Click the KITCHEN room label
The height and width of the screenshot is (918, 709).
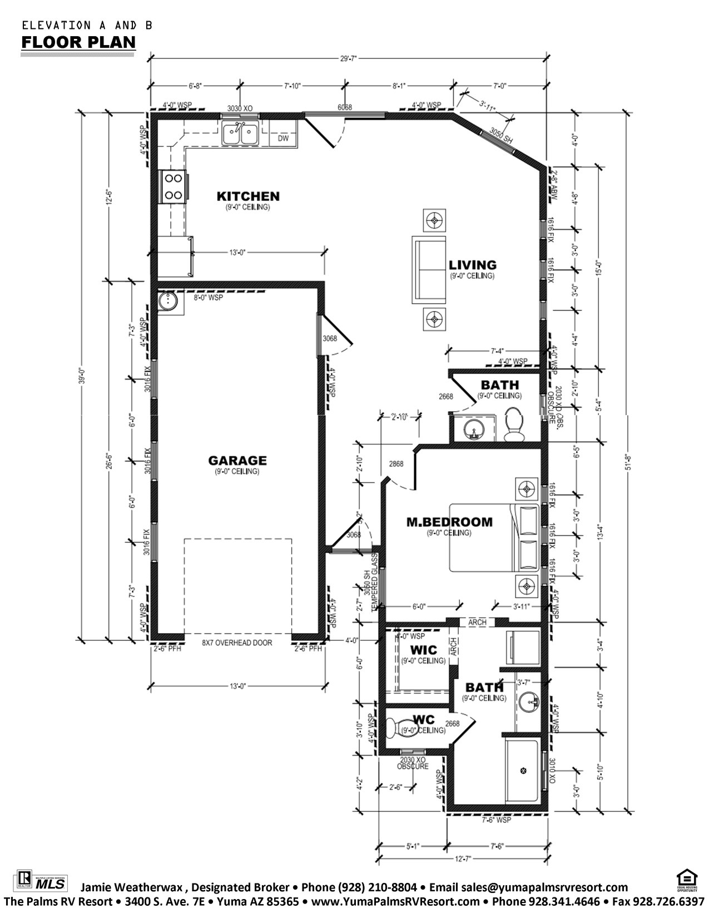point(247,196)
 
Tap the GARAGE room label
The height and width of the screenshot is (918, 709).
point(237,461)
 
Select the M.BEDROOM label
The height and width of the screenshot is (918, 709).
point(449,522)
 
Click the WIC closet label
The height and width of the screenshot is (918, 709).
point(424,650)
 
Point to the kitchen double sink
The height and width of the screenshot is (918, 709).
point(240,134)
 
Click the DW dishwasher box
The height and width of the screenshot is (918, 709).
point(283,138)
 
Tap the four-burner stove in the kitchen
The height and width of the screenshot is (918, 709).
point(172,187)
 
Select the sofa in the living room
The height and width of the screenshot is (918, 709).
point(429,269)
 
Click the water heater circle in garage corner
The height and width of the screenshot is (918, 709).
point(167,302)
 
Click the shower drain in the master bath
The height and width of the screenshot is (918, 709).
point(523,771)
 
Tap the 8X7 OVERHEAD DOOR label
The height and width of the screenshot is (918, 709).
point(237,643)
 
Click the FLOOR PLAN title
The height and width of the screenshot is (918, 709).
point(78,42)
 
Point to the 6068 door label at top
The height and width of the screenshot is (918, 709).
point(345,107)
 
